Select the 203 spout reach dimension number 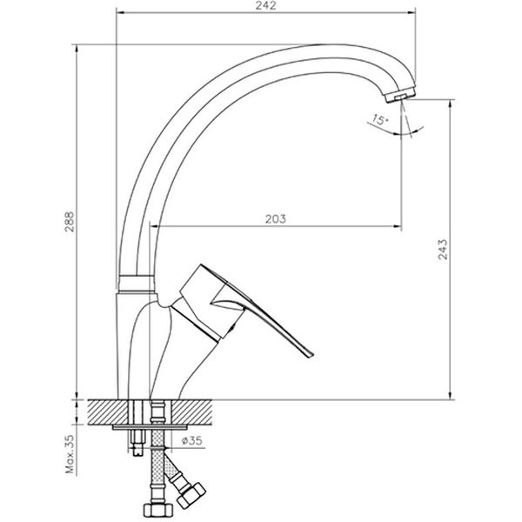click(x=273, y=219)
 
